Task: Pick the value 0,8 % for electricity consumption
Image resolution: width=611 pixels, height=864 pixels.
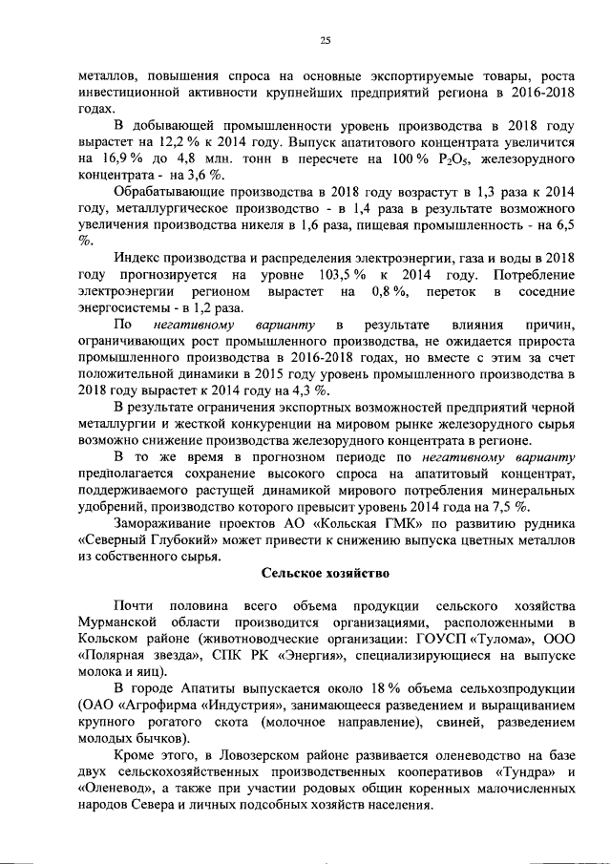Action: (x=389, y=289)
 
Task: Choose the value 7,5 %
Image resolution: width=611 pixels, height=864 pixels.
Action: (x=519, y=506)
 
